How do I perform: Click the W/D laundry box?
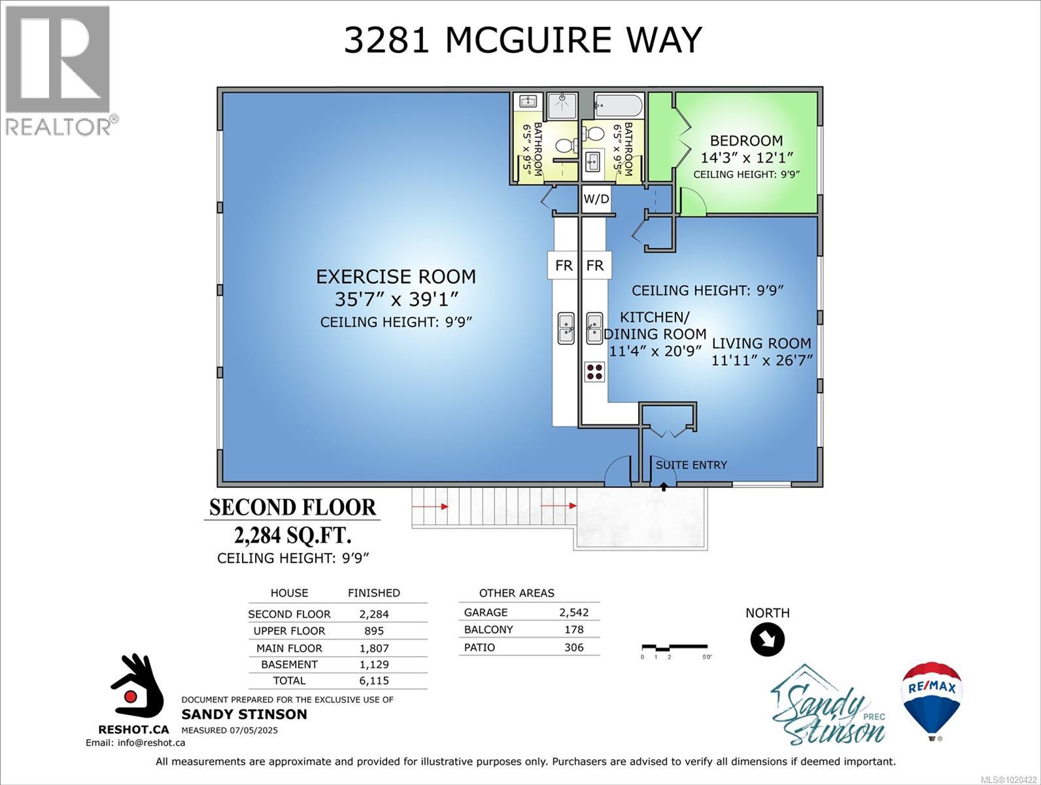point(596,199)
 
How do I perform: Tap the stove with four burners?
point(595,372)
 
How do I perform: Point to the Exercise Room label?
point(396,277)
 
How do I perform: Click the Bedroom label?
point(746,141)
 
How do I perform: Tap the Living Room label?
point(761,343)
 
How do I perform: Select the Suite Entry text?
point(691,465)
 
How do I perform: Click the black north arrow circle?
point(767,639)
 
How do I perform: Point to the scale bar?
point(674,647)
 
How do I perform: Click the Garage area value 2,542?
point(573,612)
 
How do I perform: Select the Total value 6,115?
point(373,680)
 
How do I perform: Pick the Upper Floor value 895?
point(373,631)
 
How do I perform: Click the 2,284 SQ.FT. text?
point(292,535)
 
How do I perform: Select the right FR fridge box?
point(595,266)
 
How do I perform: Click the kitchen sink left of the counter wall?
point(566,327)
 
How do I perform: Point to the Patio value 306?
point(573,647)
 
